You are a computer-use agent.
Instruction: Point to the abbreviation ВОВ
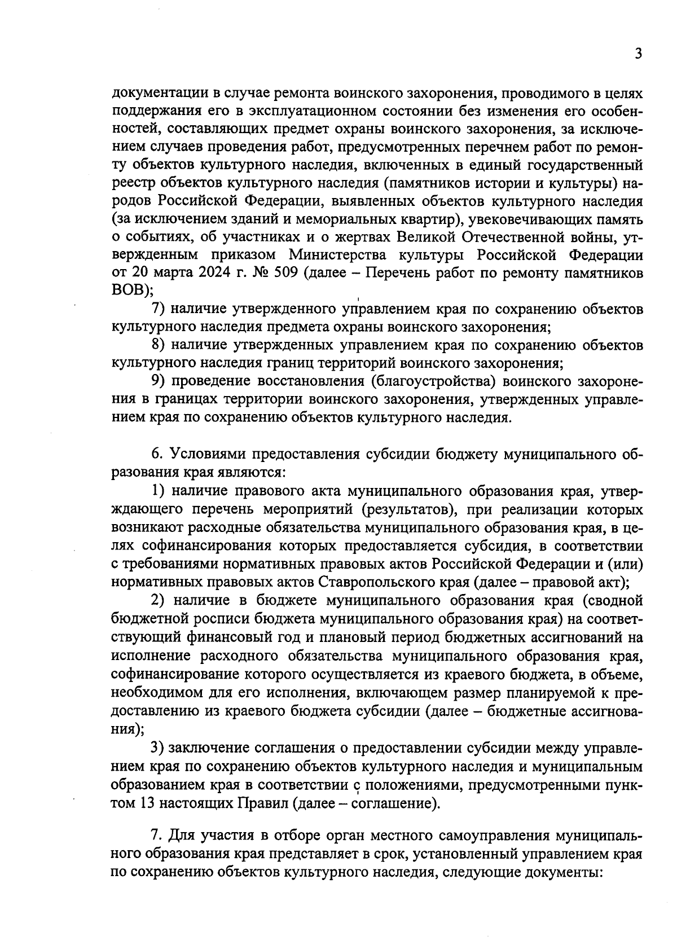(x=129, y=291)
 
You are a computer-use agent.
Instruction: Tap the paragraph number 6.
(x=156, y=454)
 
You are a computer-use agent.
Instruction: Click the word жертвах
(x=363, y=237)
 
